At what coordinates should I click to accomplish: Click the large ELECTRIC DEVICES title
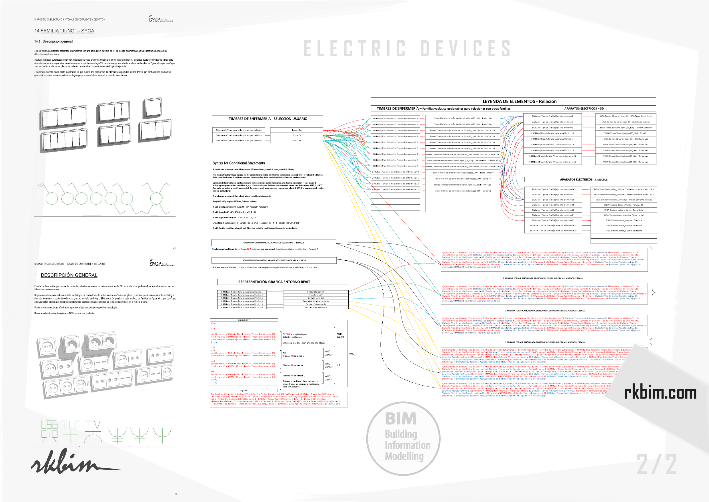(x=407, y=49)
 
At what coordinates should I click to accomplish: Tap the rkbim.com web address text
(x=660, y=392)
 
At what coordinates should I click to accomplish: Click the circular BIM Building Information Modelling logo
(x=403, y=438)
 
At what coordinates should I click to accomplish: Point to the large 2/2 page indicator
(x=656, y=464)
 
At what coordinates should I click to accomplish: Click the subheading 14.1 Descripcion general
(x=53, y=41)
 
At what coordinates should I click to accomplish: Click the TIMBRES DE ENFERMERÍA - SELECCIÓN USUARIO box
(x=267, y=119)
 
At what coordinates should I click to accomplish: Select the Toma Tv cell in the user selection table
(x=296, y=135)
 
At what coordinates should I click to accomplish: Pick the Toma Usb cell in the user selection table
(x=296, y=141)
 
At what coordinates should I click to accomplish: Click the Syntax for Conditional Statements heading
(x=238, y=163)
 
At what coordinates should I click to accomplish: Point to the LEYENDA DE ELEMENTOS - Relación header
(x=513, y=101)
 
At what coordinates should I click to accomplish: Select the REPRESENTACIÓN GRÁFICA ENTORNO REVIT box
(x=283, y=282)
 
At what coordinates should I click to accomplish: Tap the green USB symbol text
(x=49, y=425)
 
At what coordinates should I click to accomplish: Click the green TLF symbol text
(x=70, y=425)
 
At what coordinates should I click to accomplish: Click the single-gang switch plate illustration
(x=152, y=108)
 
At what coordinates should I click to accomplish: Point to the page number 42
(x=174, y=249)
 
